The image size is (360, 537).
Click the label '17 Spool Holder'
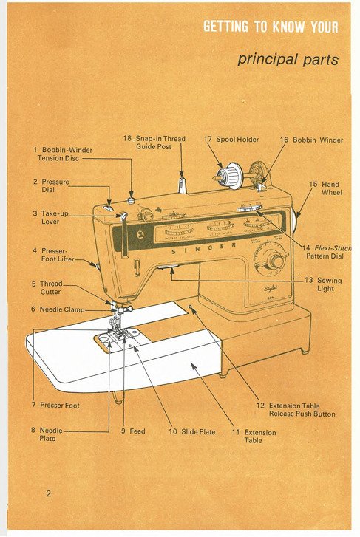[x=231, y=139]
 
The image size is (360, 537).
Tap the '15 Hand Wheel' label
[x=325, y=188]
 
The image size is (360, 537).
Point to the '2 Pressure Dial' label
[x=51, y=185]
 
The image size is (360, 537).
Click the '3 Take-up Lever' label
[x=50, y=217]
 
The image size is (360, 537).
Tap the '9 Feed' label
[x=133, y=431]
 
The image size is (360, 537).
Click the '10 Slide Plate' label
[x=191, y=431]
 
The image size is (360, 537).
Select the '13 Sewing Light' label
[x=325, y=284]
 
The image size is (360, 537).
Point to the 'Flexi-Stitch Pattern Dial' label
[x=326, y=252]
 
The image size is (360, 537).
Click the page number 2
[x=49, y=493]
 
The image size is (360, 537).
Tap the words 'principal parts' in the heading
[x=288, y=59]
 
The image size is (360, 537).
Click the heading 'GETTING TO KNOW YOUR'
[x=271, y=27]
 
